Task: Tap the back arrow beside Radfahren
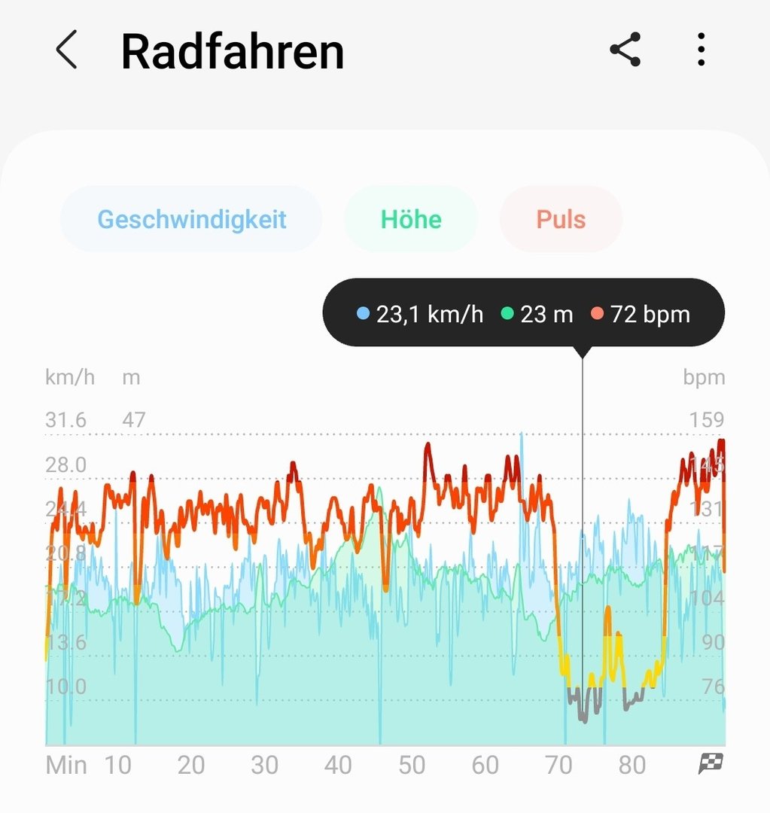(x=66, y=51)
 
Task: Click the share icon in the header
(x=625, y=50)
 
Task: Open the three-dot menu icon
(x=701, y=50)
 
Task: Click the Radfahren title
(x=232, y=52)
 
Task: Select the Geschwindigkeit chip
(x=191, y=219)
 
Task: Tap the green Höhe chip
(x=411, y=219)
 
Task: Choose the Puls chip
(x=561, y=219)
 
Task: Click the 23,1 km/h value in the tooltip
(x=429, y=314)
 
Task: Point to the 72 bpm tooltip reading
(x=650, y=314)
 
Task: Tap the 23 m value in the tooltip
(x=546, y=314)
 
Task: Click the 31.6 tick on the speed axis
(x=65, y=420)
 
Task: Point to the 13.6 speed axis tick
(x=65, y=642)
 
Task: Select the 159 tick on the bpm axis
(x=706, y=420)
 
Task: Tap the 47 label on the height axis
(x=133, y=420)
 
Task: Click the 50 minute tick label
(x=412, y=766)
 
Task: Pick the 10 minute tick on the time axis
(x=117, y=766)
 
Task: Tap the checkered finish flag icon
(x=711, y=764)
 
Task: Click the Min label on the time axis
(x=66, y=766)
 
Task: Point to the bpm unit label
(x=704, y=377)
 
